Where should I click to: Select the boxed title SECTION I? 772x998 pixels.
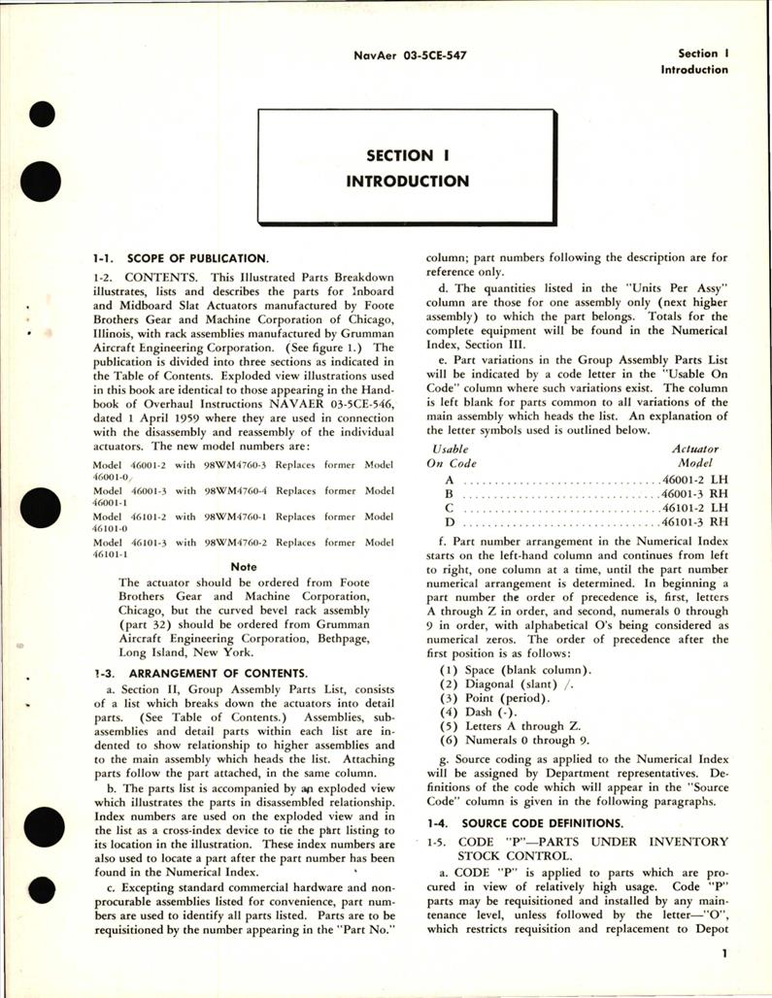pos(399,155)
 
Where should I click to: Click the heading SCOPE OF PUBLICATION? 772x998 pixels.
pos(210,258)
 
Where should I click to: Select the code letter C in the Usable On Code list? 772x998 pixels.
pos(449,507)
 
